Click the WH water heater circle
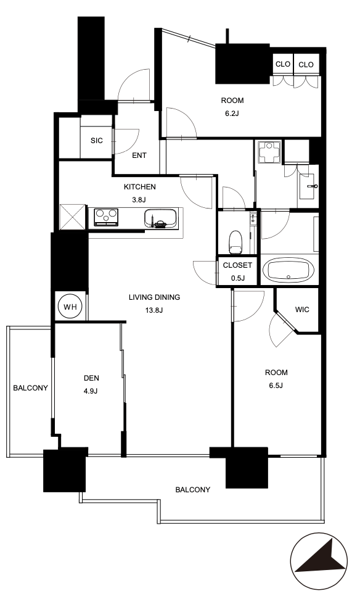70,307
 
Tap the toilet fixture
235,242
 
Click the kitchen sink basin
160,218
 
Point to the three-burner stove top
106,218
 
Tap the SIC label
96,141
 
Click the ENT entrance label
139,155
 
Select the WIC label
302,310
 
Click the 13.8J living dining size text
154,310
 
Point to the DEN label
91,378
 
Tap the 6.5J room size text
276,385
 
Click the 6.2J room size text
232,113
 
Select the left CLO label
283,64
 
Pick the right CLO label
306,65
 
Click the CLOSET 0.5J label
237,271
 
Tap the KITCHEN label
140,187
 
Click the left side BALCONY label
30,388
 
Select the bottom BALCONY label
193,490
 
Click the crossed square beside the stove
73,217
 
